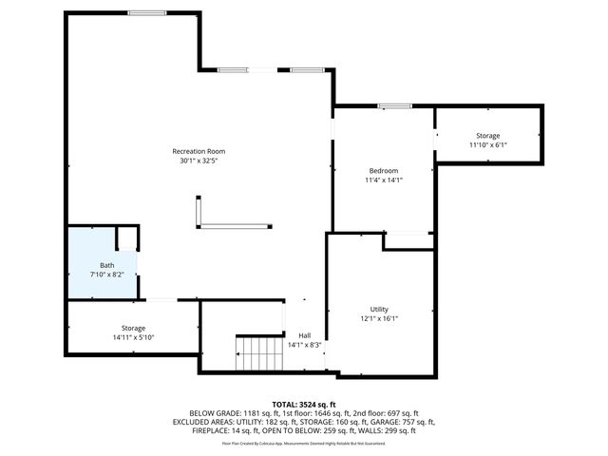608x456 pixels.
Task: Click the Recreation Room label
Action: click(x=199, y=151)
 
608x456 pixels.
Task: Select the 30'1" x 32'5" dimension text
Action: click(x=199, y=161)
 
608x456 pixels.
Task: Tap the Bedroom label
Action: click(x=384, y=170)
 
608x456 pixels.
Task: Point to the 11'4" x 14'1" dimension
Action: click(x=384, y=180)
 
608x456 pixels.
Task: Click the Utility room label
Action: click(x=379, y=310)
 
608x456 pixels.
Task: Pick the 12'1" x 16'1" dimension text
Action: click(x=379, y=319)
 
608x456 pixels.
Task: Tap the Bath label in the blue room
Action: click(x=106, y=265)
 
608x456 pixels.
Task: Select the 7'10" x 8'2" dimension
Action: click(x=106, y=275)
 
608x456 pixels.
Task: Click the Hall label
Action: click(x=305, y=335)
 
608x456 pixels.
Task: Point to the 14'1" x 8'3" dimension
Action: click(x=305, y=345)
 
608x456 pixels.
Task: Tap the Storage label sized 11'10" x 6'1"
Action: click(x=488, y=136)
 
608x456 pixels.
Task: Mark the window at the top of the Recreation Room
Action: click(x=148, y=12)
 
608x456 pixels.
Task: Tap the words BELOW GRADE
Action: click(x=212, y=413)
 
